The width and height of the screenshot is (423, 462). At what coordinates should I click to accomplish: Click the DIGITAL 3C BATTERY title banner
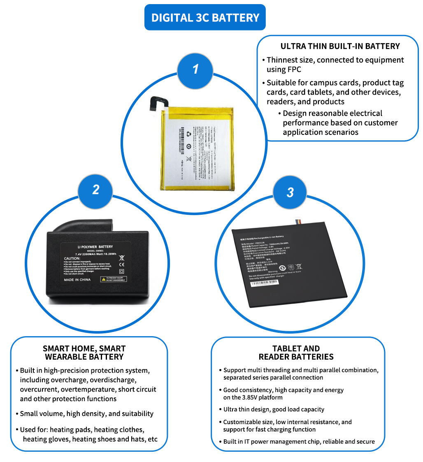205,18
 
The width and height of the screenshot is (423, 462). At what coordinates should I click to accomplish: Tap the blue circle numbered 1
195,69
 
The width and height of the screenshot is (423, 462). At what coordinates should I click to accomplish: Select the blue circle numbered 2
96,190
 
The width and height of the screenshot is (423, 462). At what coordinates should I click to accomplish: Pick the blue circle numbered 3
290,192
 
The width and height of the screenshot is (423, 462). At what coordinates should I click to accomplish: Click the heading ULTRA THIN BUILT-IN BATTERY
339,46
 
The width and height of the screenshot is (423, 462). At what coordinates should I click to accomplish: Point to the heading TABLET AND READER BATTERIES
296,353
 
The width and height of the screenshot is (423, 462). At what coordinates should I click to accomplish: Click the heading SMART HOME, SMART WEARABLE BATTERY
84,353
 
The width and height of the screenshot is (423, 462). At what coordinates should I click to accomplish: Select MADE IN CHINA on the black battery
77,280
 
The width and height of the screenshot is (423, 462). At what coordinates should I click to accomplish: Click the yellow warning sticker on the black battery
114,279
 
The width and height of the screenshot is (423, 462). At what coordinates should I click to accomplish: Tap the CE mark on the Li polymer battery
121,265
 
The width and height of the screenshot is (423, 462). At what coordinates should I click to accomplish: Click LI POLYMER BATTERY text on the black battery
95,247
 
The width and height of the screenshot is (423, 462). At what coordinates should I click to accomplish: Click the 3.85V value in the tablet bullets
253,397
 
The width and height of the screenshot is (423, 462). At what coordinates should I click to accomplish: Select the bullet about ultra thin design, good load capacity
274,409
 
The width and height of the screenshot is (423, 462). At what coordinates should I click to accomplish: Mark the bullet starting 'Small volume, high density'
87,413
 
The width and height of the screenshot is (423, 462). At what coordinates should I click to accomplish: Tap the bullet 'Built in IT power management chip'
299,441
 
